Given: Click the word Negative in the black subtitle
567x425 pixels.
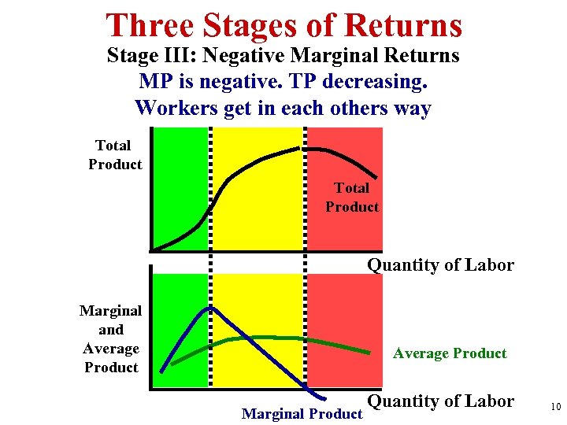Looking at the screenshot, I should [257, 56].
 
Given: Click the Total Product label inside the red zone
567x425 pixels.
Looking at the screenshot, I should [351, 198].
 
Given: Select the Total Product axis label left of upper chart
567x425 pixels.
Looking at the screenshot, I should [115, 155].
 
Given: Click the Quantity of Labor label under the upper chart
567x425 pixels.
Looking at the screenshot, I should [440, 265].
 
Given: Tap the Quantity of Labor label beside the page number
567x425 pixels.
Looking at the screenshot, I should [440, 401].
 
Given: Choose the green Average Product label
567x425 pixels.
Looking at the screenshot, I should [450, 353].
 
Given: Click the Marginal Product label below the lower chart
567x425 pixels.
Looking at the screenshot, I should [301, 413].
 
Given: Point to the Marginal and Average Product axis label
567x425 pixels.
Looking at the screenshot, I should [110, 339].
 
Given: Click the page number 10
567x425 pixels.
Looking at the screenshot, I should [555, 407].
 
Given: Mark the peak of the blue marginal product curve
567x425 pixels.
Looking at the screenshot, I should [209, 308].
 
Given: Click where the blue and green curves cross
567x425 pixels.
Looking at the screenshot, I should [245, 338].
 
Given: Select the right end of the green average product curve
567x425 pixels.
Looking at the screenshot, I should [369, 351].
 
